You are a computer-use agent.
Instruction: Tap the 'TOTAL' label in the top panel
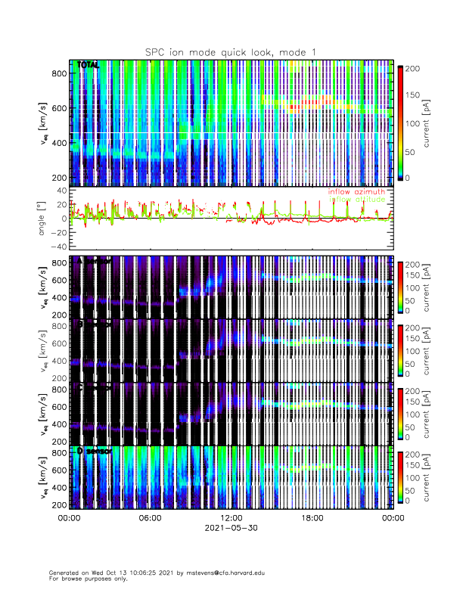pyautogui.click(x=89, y=66)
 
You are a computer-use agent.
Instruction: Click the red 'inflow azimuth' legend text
pyautogui.click(x=356, y=192)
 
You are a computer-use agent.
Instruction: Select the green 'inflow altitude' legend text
pyautogui.click(x=356, y=200)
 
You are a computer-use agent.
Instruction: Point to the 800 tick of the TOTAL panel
pyautogui.click(x=58, y=73)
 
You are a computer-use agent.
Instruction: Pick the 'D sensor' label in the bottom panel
pyautogui.click(x=95, y=451)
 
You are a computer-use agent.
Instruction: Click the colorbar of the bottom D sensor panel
pyautogui.click(x=399, y=477)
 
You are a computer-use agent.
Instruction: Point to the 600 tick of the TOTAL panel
pyautogui.click(x=58, y=107)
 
